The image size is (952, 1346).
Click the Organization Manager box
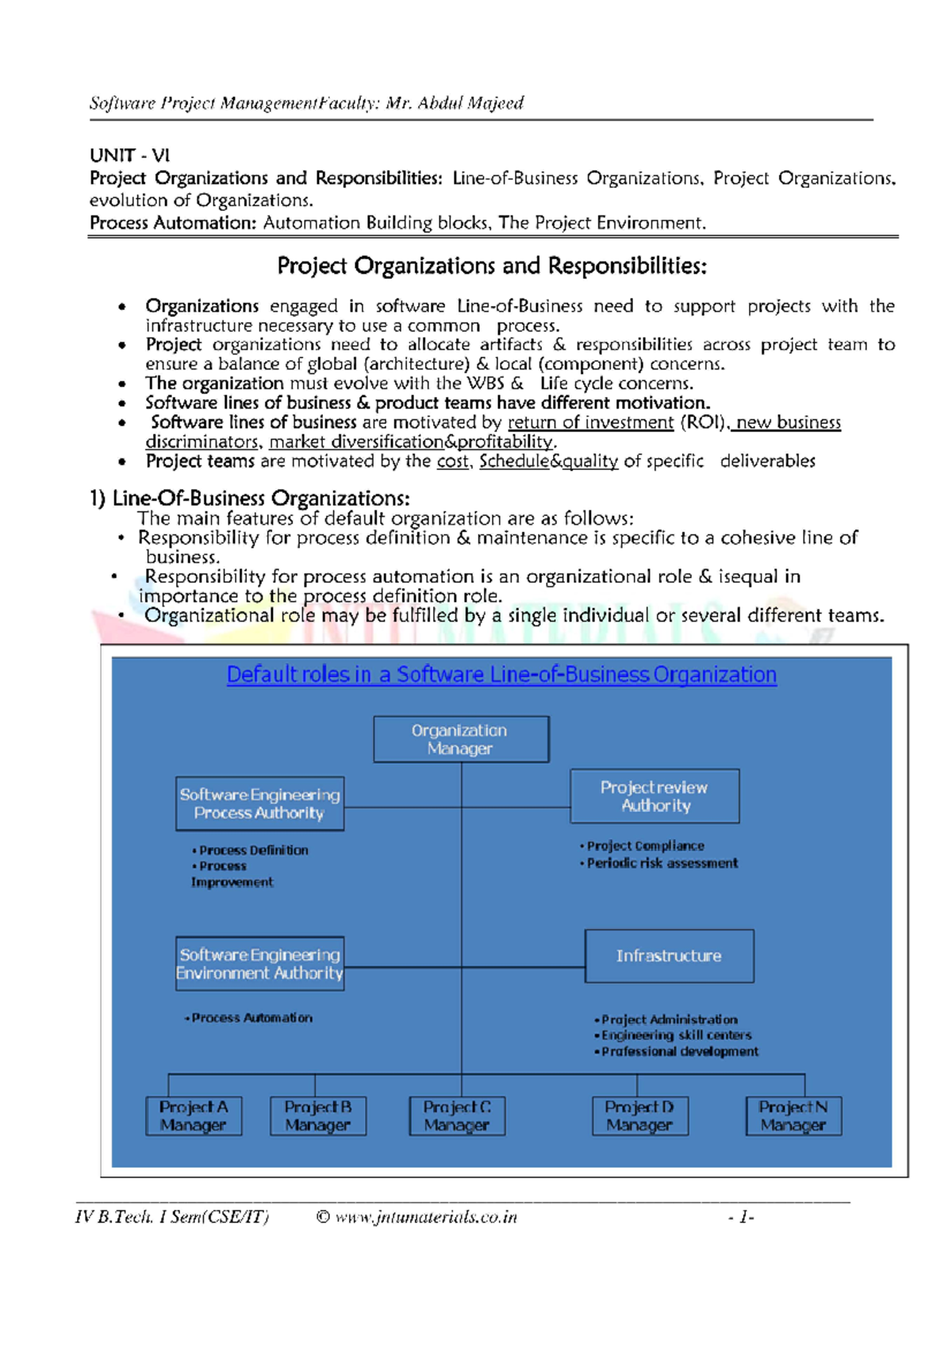(x=461, y=740)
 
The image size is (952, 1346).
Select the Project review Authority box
(x=654, y=796)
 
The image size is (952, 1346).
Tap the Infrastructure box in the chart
(x=669, y=956)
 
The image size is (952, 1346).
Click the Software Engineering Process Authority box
(x=259, y=804)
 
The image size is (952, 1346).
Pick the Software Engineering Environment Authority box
(x=259, y=964)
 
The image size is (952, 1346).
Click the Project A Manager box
(x=194, y=1116)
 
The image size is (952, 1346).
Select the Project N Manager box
(x=793, y=1116)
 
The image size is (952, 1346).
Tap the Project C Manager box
(x=457, y=1116)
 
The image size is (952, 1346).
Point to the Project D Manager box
(x=639, y=1116)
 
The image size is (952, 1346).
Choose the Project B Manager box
(x=318, y=1116)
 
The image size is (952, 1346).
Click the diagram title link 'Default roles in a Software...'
(x=501, y=675)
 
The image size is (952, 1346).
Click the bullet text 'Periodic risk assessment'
(x=662, y=863)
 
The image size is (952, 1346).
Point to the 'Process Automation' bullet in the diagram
(x=251, y=1018)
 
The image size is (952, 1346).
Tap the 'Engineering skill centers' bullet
(x=676, y=1035)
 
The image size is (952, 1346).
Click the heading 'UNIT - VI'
(x=129, y=155)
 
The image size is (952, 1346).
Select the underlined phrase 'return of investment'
(x=590, y=423)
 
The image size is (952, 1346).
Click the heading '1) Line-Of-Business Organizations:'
(x=250, y=499)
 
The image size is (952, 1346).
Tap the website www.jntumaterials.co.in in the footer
(x=425, y=1217)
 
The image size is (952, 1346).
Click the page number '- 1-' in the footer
(x=740, y=1217)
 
